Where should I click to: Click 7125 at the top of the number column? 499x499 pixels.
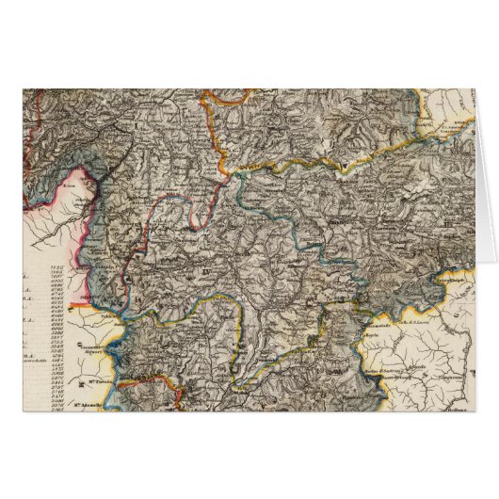coord(55,268)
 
